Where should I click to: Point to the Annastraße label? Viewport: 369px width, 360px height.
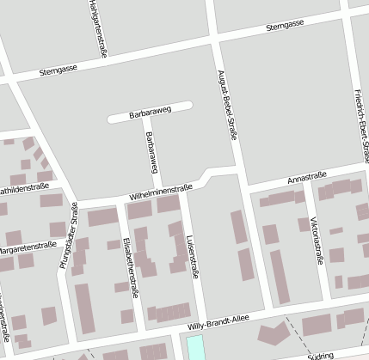(x=306, y=179)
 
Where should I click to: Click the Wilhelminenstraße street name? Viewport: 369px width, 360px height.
(x=160, y=192)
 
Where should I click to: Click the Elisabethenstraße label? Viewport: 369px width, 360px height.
(x=131, y=269)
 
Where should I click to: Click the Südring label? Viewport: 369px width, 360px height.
(x=320, y=354)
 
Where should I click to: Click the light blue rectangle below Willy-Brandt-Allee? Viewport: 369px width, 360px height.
(x=197, y=348)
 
